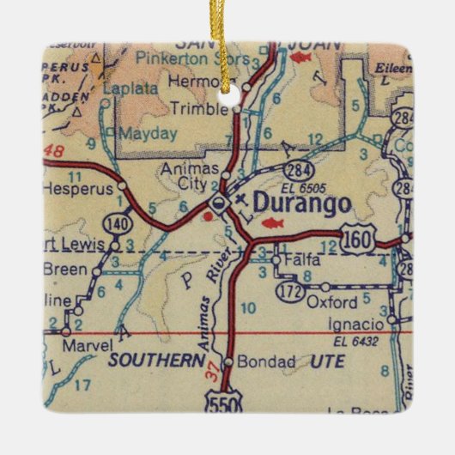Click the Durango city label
pos(302,204)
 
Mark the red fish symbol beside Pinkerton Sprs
pos(300,58)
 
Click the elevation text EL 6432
pos(355,342)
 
